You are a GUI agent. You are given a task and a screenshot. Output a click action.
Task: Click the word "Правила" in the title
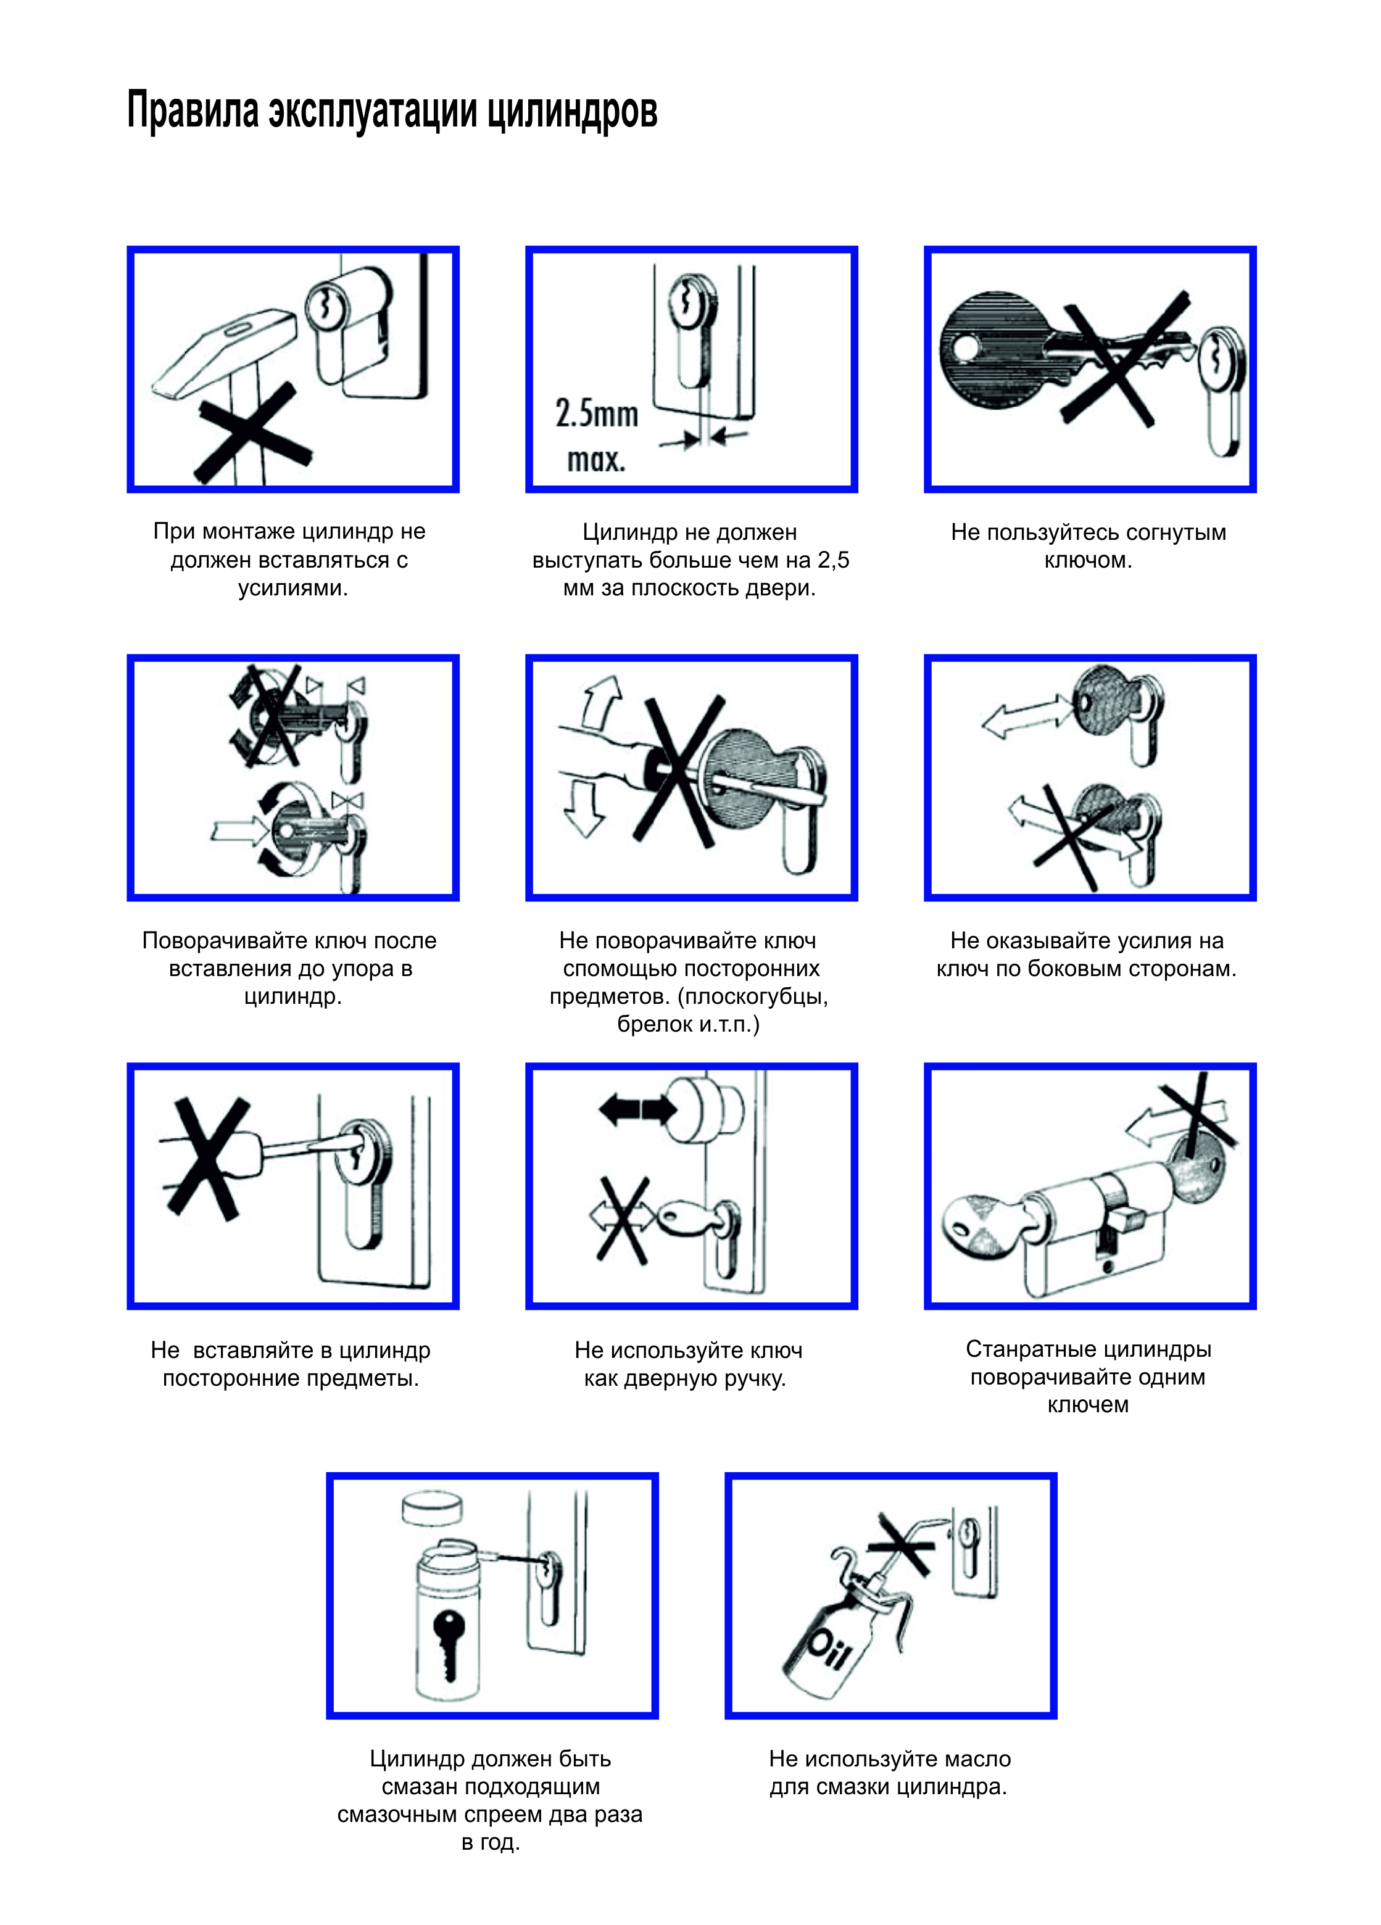pos(193,110)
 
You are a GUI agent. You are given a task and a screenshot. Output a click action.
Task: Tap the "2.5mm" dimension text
pos(597,414)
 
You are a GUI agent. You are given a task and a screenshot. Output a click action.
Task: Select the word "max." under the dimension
pos(596,460)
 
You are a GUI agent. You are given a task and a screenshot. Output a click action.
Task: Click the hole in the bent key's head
pos(965,347)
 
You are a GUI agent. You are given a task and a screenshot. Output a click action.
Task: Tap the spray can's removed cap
pos(434,1510)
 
